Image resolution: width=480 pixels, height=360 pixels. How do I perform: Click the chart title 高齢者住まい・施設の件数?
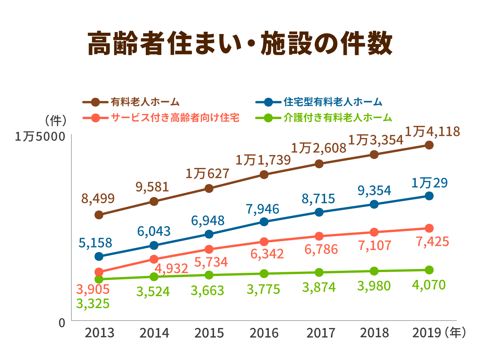pos(240,43)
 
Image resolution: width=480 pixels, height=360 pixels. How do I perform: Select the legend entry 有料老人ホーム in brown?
pos(145,102)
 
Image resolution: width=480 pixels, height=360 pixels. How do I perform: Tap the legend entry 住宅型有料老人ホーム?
pos(333,102)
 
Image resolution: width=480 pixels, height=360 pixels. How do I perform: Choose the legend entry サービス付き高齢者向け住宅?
pos(175,118)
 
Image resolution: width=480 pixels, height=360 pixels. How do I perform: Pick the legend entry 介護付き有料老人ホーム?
pos(338,118)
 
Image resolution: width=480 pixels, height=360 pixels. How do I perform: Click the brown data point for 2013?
pos(99,215)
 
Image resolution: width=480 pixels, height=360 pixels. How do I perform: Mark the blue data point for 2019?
pos(429,196)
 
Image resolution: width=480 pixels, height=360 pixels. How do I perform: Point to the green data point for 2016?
pos(264,274)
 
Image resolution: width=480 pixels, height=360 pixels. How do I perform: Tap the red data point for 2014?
pos(154,259)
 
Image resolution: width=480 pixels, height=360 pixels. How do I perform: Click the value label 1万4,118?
pos(432,132)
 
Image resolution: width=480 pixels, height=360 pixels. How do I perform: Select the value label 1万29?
pos(429,183)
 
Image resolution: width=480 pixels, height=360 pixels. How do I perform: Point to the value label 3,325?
pos(93,303)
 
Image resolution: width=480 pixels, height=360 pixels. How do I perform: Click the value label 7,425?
pos(432,242)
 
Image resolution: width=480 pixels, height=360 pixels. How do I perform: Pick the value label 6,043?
pos(154,231)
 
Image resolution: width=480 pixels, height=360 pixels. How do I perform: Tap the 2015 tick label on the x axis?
pos(209,333)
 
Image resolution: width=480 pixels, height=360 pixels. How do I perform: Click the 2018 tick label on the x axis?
pos(374,333)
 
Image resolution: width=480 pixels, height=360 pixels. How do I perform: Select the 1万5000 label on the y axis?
pos(40,137)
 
